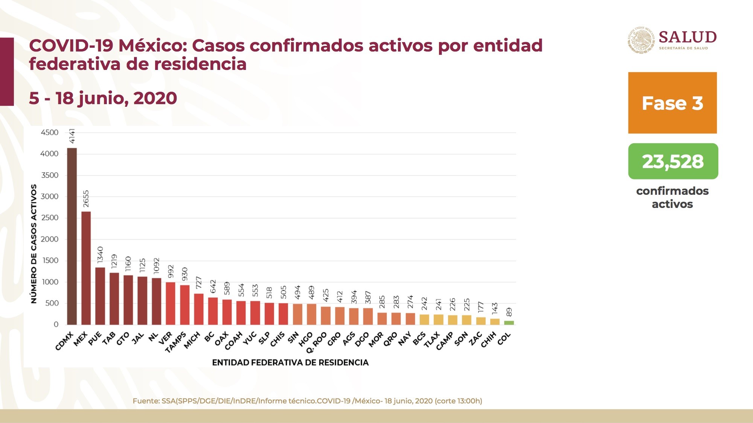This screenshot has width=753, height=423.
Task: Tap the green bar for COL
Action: [x=509, y=323]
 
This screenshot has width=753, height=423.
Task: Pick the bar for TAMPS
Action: [x=184, y=305]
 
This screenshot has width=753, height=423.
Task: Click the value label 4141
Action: [x=72, y=136]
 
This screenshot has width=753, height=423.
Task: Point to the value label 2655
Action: [x=86, y=199]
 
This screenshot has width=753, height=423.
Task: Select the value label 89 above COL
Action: [x=509, y=312]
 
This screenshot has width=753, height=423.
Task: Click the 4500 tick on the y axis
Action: [x=49, y=132]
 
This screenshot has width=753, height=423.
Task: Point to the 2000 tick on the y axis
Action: [x=49, y=239]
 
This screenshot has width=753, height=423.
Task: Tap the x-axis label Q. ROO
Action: [x=316, y=342]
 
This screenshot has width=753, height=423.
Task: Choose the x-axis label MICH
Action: [x=192, y=340]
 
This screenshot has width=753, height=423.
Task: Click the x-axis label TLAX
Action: [x=432, y=340]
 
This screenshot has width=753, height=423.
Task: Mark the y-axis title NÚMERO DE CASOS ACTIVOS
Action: [x=34, y=244]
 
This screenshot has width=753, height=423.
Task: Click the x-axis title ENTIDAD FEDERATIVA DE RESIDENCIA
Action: [x=290, y=362]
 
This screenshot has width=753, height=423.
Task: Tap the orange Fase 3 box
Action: [x=672, y=103]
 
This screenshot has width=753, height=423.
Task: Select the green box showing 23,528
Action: [x=673, y=161]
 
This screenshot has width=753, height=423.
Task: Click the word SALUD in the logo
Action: [x=687, y=37]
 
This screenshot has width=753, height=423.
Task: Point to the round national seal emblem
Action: [x=641, y=40]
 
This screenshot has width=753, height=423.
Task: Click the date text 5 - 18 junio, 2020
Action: [x=103, y=98]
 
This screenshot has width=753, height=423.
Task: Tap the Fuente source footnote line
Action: [x=307, y=401]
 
